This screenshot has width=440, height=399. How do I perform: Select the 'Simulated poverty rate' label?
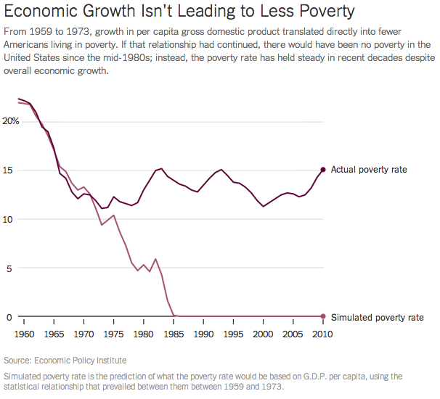377,317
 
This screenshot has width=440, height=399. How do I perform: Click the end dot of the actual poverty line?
322,170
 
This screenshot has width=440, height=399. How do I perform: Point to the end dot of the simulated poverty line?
322,317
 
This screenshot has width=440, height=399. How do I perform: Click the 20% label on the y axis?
9,121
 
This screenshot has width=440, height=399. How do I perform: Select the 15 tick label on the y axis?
8,170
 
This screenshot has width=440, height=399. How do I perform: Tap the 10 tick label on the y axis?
8,219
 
